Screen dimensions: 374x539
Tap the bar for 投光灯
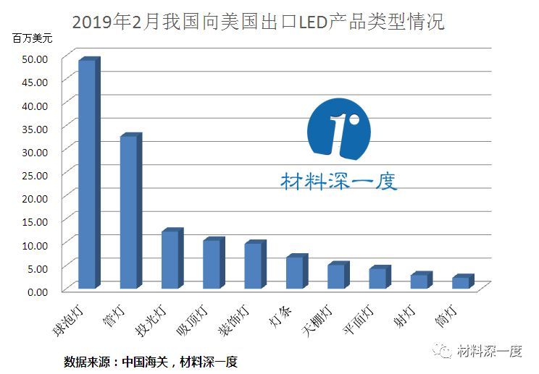pyautogui.click(x=171, y=260)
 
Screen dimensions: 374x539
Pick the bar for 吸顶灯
pyautogui.click(x=212, y=264)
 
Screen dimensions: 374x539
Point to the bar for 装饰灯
pyautogui.click(x=254, y=265)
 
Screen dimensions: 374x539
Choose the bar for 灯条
pyautogui.click(x=295, y=272)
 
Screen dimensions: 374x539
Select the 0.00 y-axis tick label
pyautogui.click(x=38, y=291)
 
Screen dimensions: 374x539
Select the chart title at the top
pyautogui.click(x=257, y=22)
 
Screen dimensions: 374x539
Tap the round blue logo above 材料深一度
pyautogui.click(x=338, y=131)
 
